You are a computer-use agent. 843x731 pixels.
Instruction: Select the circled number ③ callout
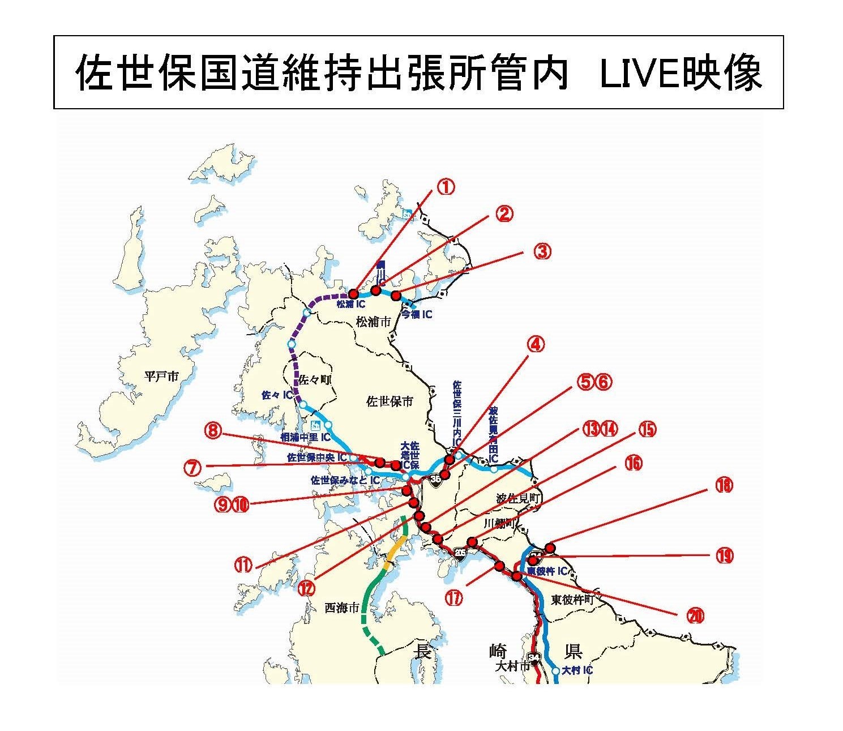tap(542, 251)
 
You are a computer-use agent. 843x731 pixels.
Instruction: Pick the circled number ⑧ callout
tap(213, 431)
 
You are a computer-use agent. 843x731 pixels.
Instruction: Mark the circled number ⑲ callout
tap(724, 556)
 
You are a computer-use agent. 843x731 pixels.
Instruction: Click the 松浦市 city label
tap(373, 322)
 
